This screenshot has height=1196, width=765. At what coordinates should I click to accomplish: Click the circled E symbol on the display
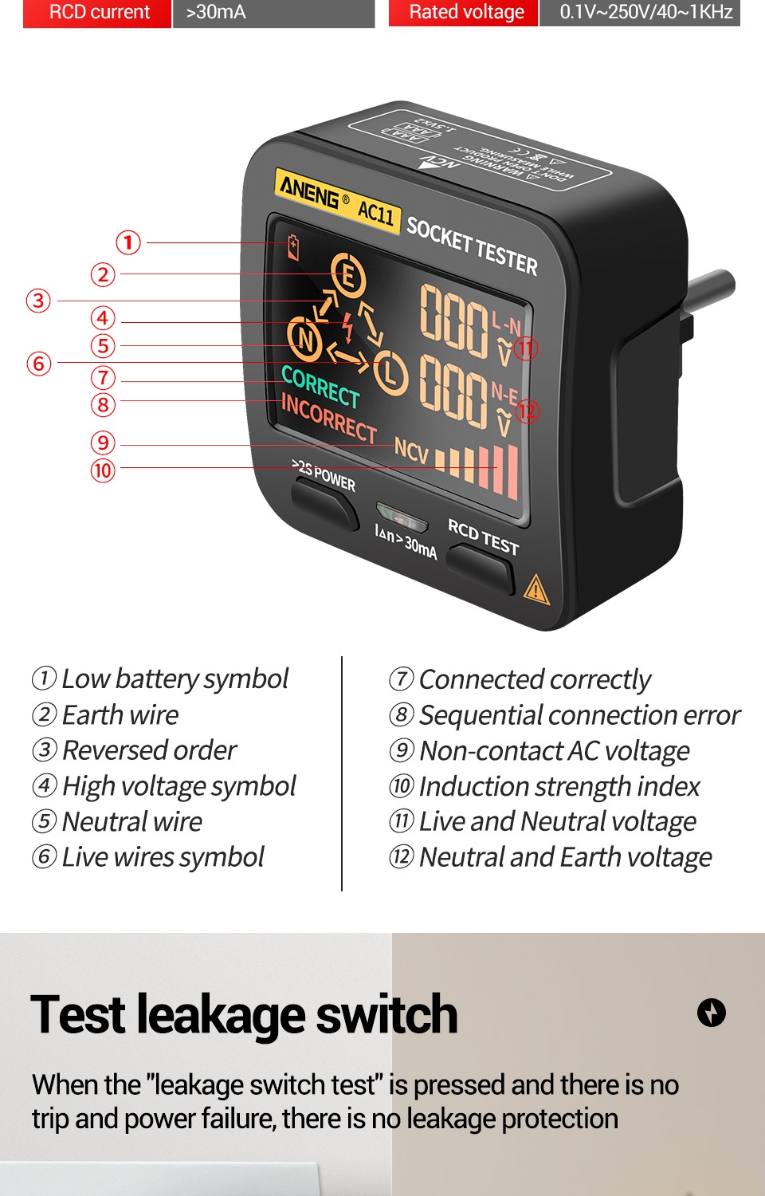347,275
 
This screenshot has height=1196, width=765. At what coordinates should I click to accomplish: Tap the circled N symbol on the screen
305,339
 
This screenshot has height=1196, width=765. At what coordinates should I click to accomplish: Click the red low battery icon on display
293,247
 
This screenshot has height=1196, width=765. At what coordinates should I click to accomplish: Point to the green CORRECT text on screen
320,387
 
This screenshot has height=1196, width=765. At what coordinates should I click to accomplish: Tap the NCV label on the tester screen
411,451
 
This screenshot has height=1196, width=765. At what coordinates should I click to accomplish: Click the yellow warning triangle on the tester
536,589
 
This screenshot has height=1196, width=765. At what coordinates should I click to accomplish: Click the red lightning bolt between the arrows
347,326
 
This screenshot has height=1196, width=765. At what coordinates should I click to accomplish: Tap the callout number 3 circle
38,301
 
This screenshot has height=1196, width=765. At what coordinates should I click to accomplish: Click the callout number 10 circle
103,470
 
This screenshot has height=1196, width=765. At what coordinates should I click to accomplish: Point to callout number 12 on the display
527,411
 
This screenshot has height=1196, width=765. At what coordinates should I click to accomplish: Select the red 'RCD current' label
98,13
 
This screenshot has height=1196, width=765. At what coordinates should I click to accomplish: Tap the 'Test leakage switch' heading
244,1014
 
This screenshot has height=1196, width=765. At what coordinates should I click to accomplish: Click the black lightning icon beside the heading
711,1013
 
